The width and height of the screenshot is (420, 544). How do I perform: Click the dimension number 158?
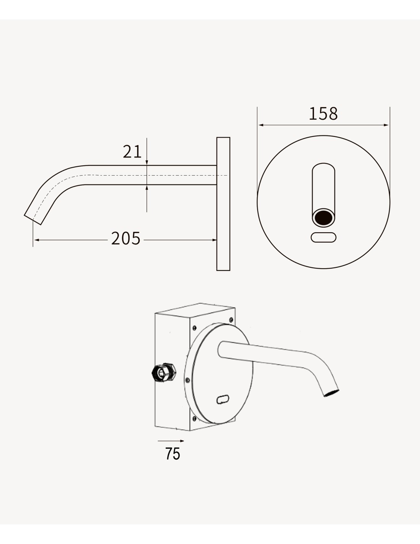(x=323, y=113)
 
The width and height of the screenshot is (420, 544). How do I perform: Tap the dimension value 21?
(x=132, y=151)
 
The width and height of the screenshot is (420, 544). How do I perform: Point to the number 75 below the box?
(x=173, y=453)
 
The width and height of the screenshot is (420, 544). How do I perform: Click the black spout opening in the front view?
(x=323, y=218)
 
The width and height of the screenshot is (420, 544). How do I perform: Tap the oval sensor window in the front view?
(x=323, y=237)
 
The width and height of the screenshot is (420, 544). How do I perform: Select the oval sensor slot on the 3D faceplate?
(x=223, y=399)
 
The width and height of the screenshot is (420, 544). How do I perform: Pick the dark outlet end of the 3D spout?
(x=331, y=393)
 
